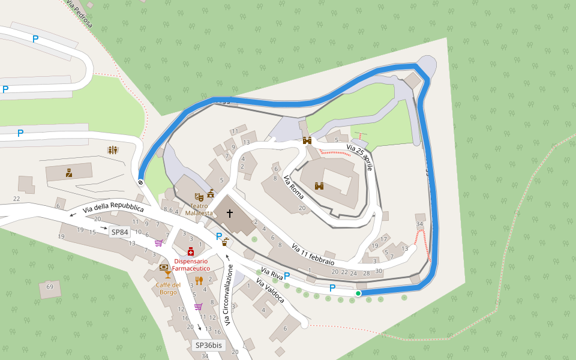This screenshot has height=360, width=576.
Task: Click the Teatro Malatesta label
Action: pyautogui.click(x=199, y=209)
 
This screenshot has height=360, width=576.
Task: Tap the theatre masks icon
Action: pyautogui.click(x=199, y=196)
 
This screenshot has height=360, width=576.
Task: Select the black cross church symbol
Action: pyautogui.click(x=229, y=214)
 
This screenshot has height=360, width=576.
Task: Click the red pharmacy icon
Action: pyautogui.click(x=191, y=251)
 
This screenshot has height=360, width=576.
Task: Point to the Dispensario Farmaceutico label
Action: pyautogui.click(x=191, y=265)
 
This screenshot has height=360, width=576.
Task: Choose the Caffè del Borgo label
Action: pyautogui.click(x=168, y=288)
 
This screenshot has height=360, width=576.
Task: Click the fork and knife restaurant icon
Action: pyautogui.click(x=199, y=280)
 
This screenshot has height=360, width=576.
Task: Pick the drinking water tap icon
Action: pyautogui.click(x=225, y=242)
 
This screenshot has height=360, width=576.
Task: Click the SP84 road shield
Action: pyautogui.click(x=119, y=232)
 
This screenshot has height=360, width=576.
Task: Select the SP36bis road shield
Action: pyautogui.click(x=209, y=345)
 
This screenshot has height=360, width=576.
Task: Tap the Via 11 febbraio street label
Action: pyautogui.click(x=313, y=254)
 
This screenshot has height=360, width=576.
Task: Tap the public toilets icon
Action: pyautogui.click(x=113, y=149)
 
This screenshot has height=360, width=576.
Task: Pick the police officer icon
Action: pyautogui.click(x=69, y=173)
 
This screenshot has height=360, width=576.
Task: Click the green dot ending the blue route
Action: pyautogui.click(x=358, y=293)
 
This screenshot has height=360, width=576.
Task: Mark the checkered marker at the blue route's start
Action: pyautogui.click(x=140, y=182)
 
